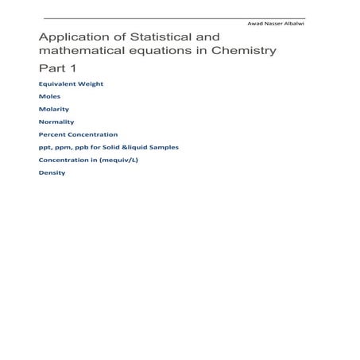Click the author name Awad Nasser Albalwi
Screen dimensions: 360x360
[x=279, y=24]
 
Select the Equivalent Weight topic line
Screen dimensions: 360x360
[x=71, y=83]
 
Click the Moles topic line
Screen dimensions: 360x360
[x=48, y=96]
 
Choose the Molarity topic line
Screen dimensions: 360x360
[x=54, y=109]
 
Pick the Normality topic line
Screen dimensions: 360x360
[x=56, y=122]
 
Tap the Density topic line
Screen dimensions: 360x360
[x=52, y=172]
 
